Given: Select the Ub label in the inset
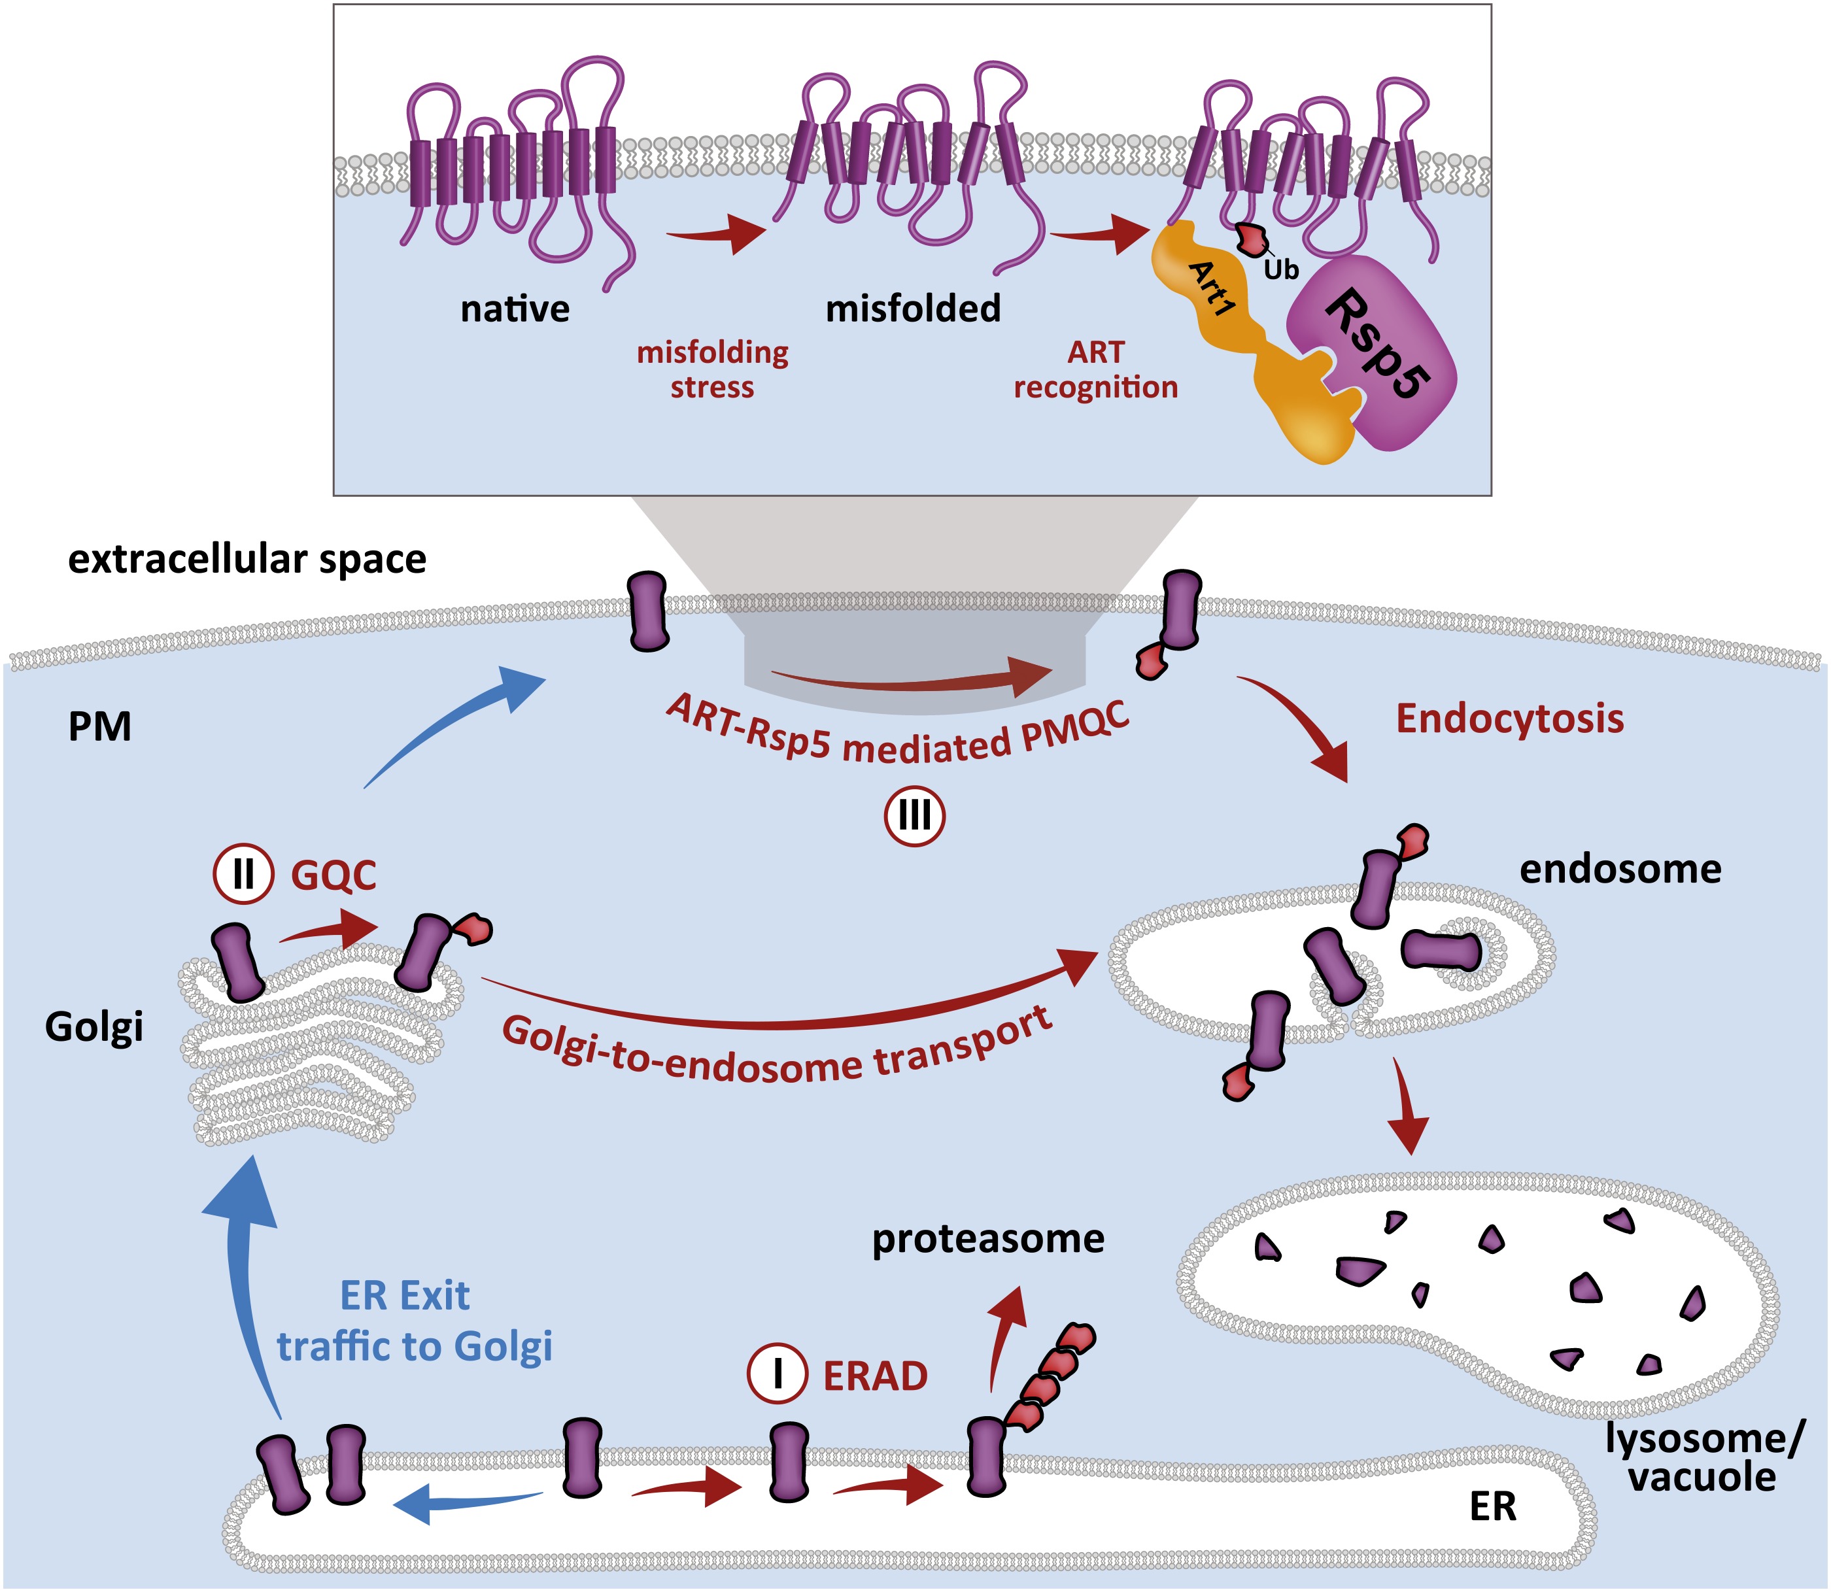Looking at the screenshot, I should pyautogui.click(x=1280, y=270).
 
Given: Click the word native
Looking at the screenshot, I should pyautogui.click(x=515, y=309).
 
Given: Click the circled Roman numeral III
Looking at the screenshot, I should pyautogui.click(x=914, y=815).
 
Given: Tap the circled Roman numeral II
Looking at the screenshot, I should pyautogui.click(x=243, y=874).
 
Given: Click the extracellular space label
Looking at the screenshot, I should pyautogui.click(x=247, y=560).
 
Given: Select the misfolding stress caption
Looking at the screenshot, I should pyautogui.click(x=713, y=369).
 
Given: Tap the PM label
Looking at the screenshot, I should pyautogui.click(x=99, y=727).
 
